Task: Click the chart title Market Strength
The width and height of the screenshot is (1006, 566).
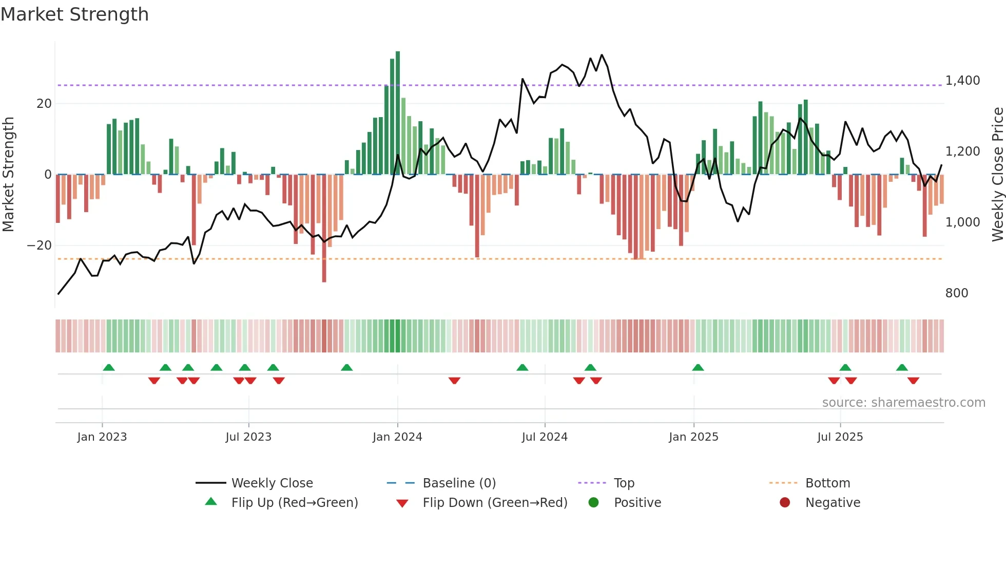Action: pos(74,14)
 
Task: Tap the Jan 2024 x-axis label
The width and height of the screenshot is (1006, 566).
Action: pos(397,437)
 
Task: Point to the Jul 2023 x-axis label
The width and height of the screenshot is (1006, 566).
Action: pos(248,437)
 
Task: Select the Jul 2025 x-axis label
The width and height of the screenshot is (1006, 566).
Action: pos(840,437)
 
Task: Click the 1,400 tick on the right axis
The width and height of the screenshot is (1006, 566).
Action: pos(962,81)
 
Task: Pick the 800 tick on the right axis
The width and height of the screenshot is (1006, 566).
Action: pos(956,293)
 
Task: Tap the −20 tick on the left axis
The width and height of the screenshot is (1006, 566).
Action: pos(40,246)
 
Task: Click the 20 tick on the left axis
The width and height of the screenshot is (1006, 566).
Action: pos(44,104)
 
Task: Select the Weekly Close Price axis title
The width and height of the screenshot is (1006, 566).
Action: pos(997,175)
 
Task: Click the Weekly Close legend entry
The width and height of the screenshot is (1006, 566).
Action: pos(272,483)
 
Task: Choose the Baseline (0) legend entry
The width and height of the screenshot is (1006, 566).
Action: pos(459,483)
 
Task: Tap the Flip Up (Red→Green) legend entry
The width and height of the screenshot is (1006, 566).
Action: pos(294,503)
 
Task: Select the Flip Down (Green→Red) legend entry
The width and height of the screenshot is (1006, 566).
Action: pos(495,503)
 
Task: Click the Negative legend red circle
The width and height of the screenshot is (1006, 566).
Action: pos(785,503)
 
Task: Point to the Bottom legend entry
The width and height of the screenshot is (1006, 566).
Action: pos(827,483)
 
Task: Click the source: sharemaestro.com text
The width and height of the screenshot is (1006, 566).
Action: pos(903,403)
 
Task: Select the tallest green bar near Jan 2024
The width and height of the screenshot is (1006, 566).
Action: pos(398,113)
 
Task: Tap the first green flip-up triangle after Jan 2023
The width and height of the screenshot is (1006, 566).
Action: pos(109,368)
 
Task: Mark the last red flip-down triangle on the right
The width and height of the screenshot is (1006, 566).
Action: pos(913,381)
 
